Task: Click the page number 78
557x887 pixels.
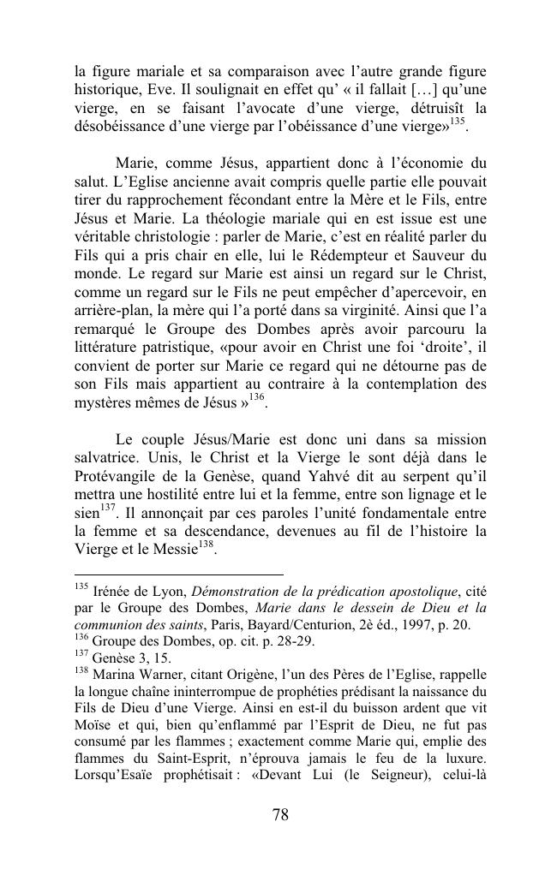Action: click(x=279, y=839)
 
